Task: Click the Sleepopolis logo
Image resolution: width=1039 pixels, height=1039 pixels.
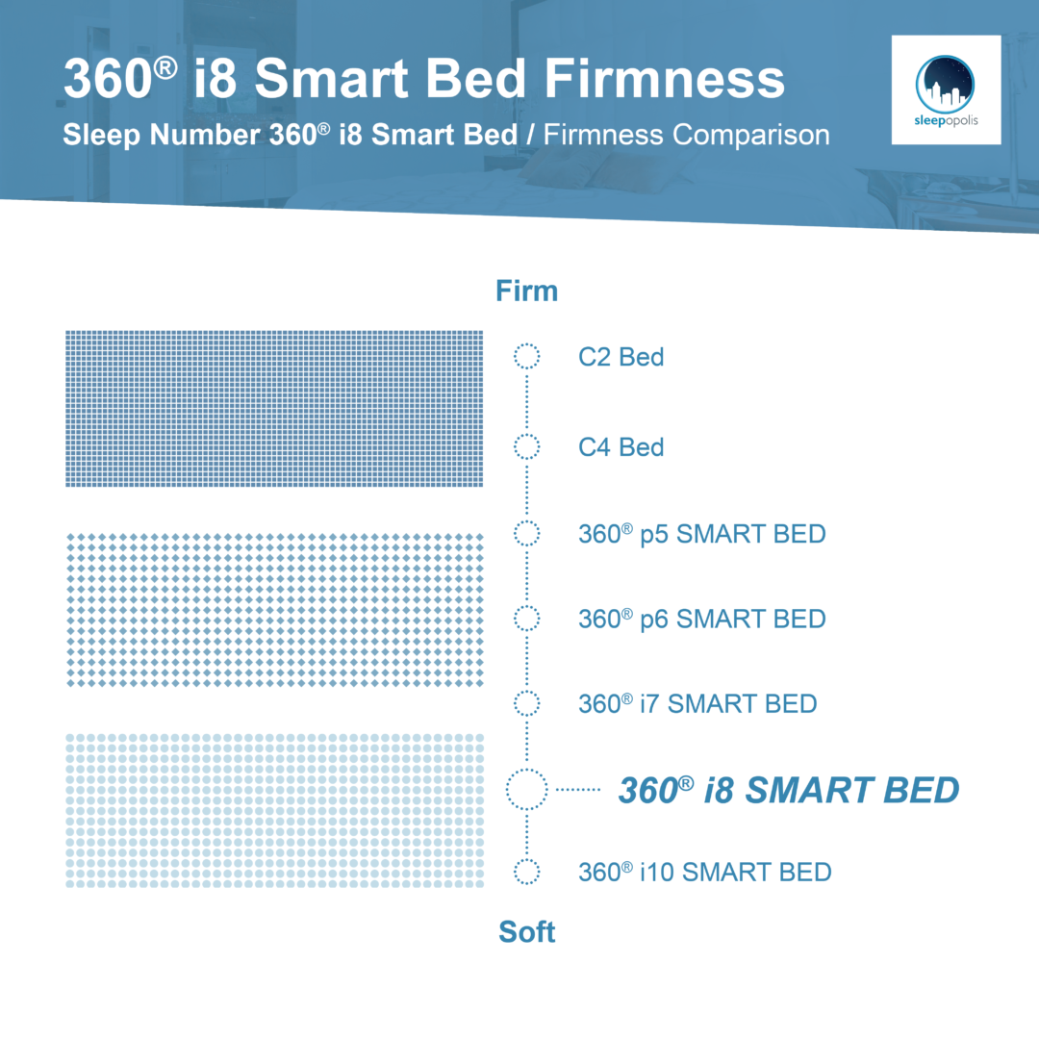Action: [946, 90]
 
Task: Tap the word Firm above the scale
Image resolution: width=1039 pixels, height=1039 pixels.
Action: [527, 291]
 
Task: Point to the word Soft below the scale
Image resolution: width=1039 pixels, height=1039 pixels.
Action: [527, 931]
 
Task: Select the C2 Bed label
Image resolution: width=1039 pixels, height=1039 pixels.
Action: [621, 357]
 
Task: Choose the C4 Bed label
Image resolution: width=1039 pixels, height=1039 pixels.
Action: [621, 447]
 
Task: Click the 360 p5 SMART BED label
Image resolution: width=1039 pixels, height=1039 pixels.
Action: [701, 534]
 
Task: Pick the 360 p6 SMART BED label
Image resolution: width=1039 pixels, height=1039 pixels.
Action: [701, 619]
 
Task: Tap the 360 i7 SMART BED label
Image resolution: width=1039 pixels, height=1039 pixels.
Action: [697, 703]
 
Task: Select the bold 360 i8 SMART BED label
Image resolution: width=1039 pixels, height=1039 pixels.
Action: [789, 790]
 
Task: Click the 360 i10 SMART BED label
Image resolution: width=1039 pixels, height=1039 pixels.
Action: [704, 872]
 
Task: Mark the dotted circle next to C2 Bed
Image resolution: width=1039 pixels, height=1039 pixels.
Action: [527, 343]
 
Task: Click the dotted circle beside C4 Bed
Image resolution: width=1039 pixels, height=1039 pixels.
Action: [527, 435]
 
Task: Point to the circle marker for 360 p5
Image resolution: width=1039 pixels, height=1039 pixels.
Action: [527, 520]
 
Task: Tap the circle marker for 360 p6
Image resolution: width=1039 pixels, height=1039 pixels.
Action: [527, 606]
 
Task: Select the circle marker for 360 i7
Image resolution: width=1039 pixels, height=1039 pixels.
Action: [527, 691]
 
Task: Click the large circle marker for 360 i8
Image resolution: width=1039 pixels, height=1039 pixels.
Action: [527, 770]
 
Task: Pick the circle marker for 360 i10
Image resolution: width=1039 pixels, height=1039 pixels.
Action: [527, 859]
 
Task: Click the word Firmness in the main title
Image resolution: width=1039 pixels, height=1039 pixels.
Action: [665, 78]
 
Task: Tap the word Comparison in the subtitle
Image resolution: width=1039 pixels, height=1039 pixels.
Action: [750, 136]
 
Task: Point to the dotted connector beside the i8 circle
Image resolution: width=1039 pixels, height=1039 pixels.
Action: [578, 789]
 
